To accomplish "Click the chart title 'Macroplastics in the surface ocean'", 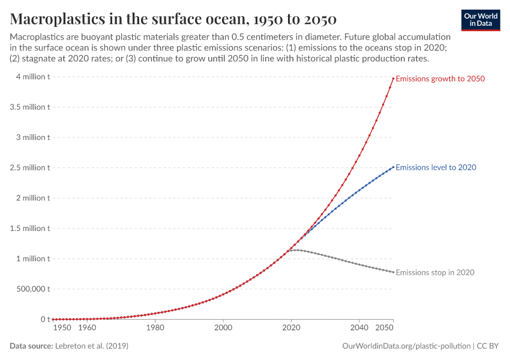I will [173, 18].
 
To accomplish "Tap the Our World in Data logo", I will [480, 20].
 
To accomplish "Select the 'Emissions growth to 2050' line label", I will [440, 79].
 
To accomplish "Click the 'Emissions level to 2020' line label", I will [436, 167].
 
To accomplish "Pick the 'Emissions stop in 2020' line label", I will [435, 272].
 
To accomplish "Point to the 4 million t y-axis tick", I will [29, 77].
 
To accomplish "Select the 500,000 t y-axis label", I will [30, 289].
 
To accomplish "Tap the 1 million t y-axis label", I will [29, 259].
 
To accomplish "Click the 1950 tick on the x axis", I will [62, 328].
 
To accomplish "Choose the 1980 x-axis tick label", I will [155, 328].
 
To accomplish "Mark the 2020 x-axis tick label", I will [291, 328].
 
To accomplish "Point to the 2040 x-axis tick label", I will [359, 328].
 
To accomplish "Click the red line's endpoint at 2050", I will [393, 78].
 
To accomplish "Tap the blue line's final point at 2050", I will [393, 167].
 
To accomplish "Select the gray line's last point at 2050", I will [393, 272].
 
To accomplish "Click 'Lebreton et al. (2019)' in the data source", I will [91, 346].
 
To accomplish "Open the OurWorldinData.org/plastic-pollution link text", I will [406, 346].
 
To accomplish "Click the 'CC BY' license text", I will [488, 346].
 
